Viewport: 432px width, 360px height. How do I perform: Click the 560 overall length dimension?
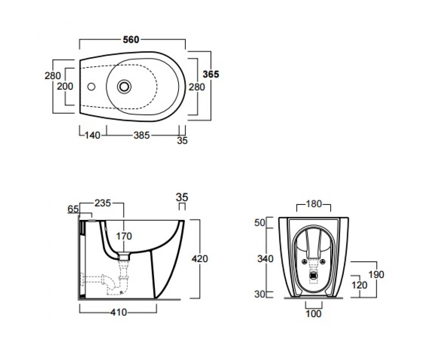point(131,40)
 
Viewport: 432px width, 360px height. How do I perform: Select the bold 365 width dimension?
point(211,74)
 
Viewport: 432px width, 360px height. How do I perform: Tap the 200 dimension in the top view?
point(65,86)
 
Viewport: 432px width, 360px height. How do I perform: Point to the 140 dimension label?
point(93,135)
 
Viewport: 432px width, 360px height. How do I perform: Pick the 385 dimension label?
point(142,135)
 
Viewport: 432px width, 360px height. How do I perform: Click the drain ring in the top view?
point(124,87)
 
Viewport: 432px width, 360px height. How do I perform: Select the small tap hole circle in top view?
point(91,87)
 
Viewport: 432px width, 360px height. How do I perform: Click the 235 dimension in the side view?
point(103,203)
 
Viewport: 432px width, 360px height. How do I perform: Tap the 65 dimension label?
point(73,209)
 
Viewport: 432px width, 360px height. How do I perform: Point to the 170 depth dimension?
point(124,236)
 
